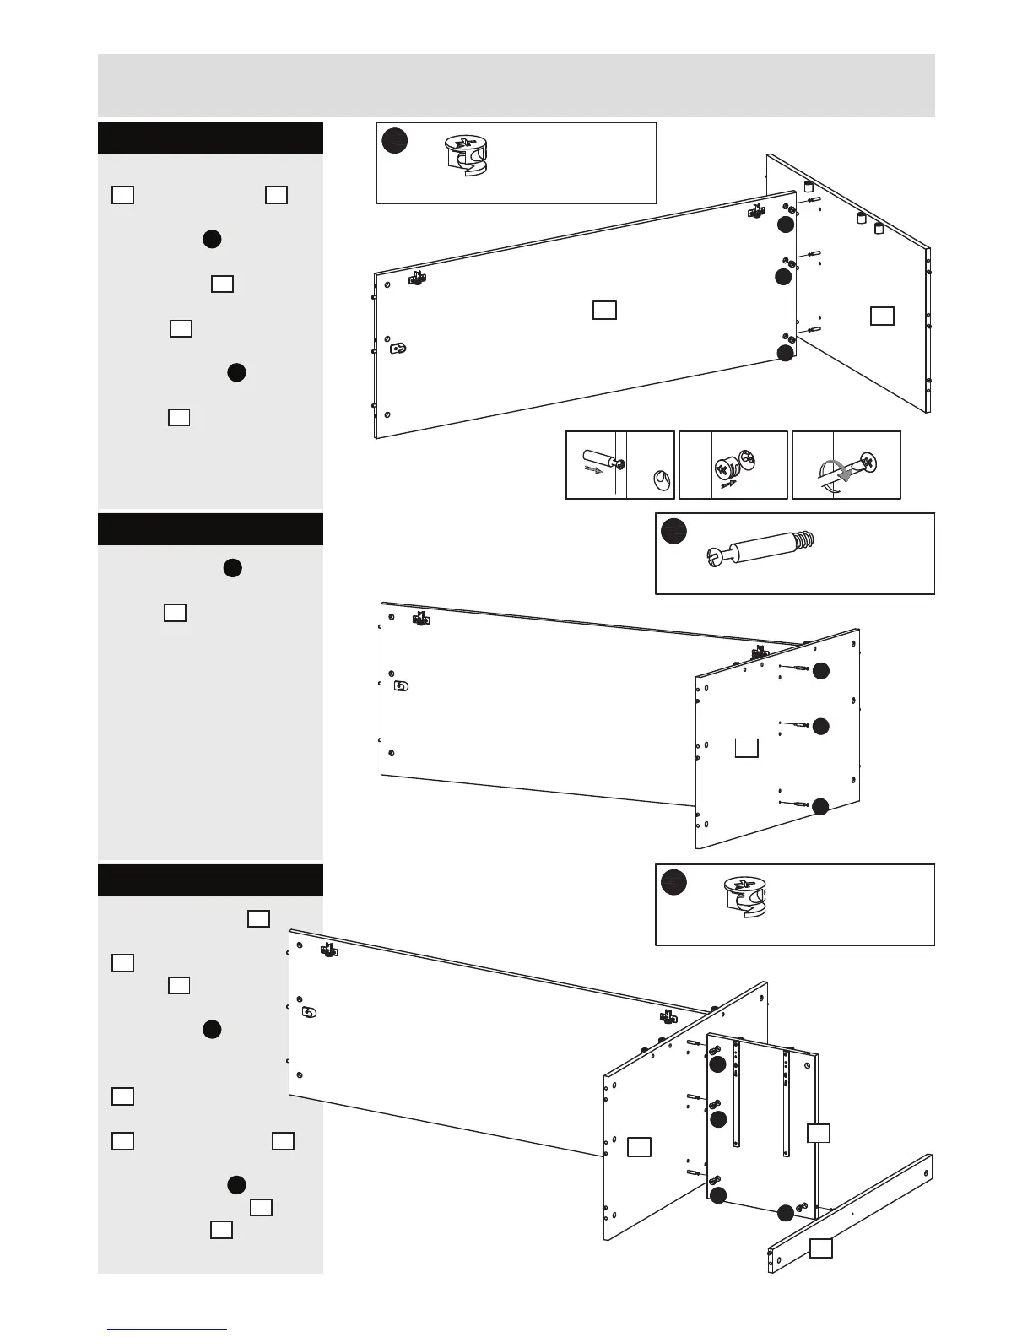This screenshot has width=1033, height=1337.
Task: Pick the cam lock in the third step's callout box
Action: pos(743,896)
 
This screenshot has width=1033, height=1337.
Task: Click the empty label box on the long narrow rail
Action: pos(821,1248)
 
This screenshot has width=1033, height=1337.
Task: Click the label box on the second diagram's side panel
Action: pos(746,747)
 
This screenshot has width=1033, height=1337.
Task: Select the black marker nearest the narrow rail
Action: pos(786,1213)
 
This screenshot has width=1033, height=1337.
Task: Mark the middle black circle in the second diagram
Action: pos(820,726)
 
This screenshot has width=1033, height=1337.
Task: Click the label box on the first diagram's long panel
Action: pos(603,310)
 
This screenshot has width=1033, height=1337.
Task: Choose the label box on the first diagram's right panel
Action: pos(882,316)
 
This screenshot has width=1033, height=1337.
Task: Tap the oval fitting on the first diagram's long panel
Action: pos(399,348)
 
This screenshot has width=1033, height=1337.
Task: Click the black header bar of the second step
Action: pos(210,529)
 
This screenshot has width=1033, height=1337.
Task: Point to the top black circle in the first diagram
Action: pos(785,225)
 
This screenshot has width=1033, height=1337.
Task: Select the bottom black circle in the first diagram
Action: pos(785,354)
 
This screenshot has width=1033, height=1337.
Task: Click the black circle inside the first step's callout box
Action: pos(394,141)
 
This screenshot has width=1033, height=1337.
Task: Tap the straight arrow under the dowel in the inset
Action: pos(596,472)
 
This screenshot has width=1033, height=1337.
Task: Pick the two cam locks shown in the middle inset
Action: pos(731,465)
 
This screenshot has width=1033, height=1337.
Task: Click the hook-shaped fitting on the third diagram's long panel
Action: pos(309,1012)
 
